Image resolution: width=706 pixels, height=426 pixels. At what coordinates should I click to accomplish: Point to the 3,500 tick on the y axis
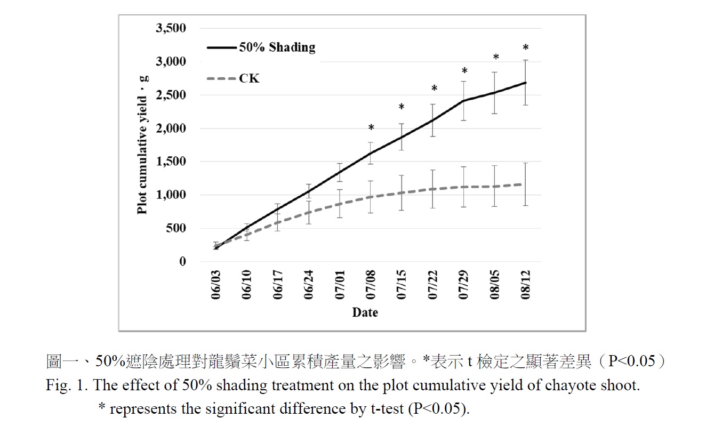click(x=171, y=29)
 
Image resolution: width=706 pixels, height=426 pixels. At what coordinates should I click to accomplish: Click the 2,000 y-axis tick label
click(x=171, y=128)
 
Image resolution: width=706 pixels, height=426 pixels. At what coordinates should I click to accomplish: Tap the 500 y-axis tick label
click(x=176, y=228)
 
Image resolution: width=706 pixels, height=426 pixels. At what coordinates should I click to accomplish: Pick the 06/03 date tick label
click(x=216, y=287)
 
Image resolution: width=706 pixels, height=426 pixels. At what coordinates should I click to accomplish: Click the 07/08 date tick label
click(x=371, y=287)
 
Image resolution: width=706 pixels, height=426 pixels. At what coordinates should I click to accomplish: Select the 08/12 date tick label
click(x=526, y=287)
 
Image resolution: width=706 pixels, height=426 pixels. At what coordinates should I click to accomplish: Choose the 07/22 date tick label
click(x=433, y=287)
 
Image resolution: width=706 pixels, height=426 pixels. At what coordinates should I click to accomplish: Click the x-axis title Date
click(x=365, y=312)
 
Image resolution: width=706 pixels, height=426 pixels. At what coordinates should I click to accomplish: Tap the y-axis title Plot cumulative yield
click(x=142, y=144)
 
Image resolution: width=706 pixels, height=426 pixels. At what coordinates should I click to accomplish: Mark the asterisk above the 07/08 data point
click(x=371, y=128)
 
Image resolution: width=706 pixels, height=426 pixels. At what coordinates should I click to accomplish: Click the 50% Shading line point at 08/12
click(x=526, y=83)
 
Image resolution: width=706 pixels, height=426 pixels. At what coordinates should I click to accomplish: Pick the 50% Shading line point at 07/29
click(x=464, y=101)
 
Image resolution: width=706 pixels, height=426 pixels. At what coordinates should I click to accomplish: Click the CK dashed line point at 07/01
click(x=340, y=204)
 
